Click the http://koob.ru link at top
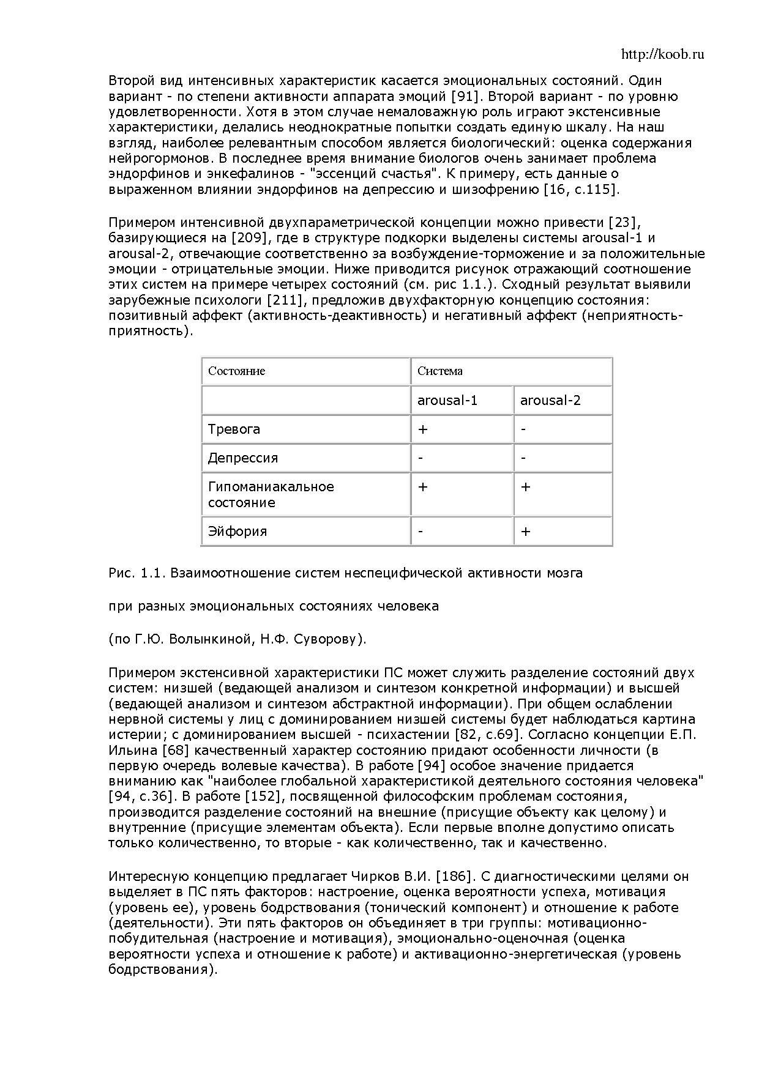662,54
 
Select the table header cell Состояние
236,371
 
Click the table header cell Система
440,371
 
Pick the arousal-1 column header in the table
447,401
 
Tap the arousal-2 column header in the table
550,401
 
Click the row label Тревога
234,429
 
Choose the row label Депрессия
243,458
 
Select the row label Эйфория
237,531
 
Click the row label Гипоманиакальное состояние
271,495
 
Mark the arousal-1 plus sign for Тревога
422,429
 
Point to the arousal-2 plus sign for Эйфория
525,531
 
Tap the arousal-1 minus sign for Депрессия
421,458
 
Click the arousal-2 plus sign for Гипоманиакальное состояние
525,487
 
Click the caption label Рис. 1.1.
137,573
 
